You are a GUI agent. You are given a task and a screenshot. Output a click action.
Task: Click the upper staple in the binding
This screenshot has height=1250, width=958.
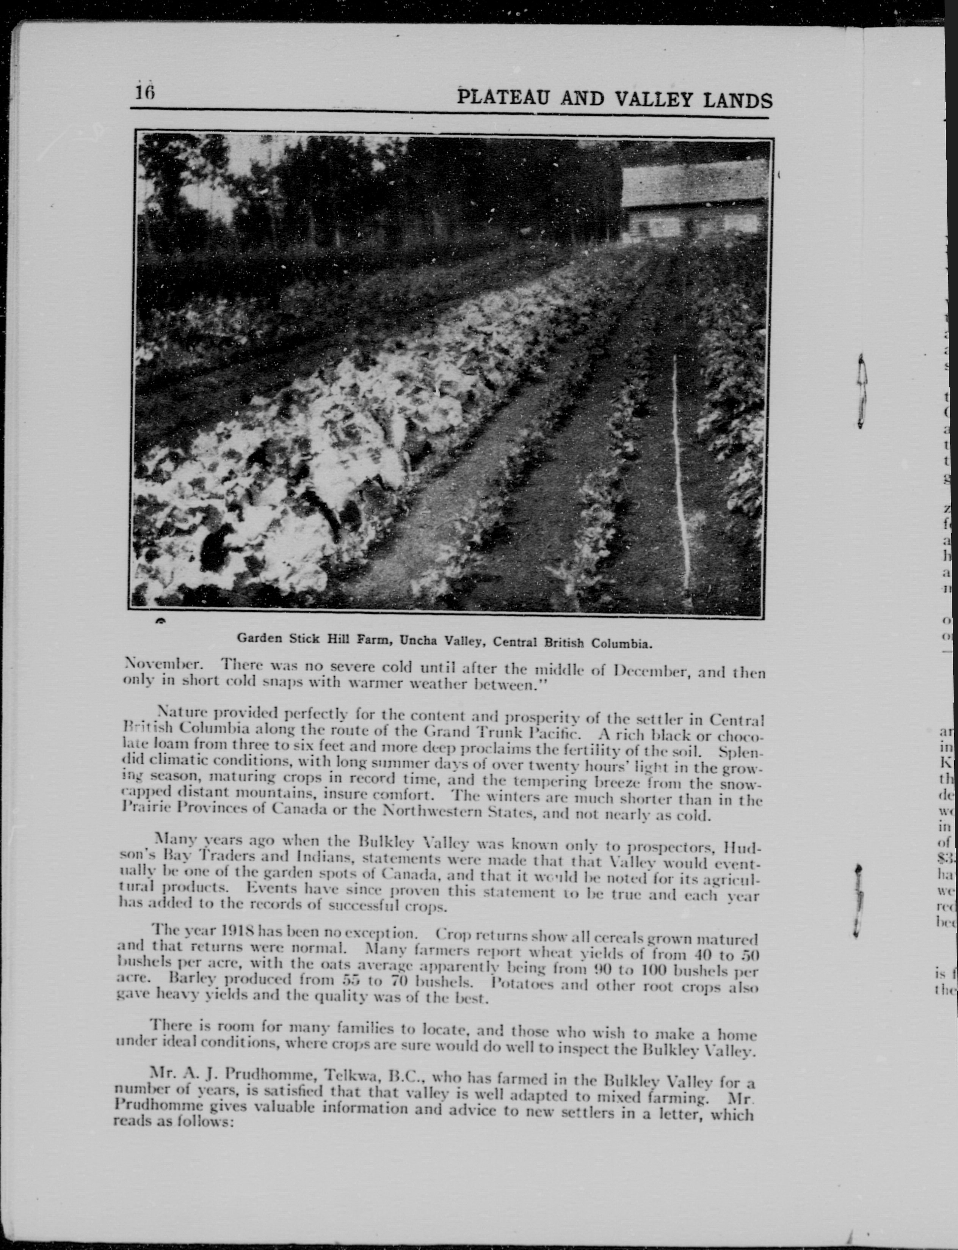click(x=862, y=390)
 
